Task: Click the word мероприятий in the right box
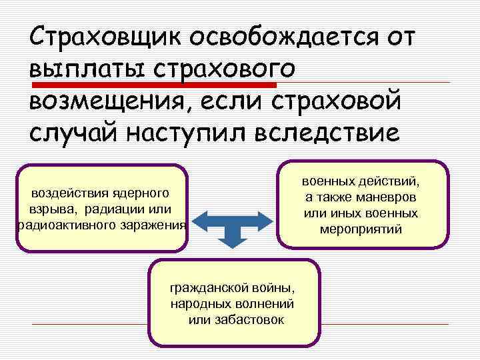361,229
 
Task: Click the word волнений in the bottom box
266,304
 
